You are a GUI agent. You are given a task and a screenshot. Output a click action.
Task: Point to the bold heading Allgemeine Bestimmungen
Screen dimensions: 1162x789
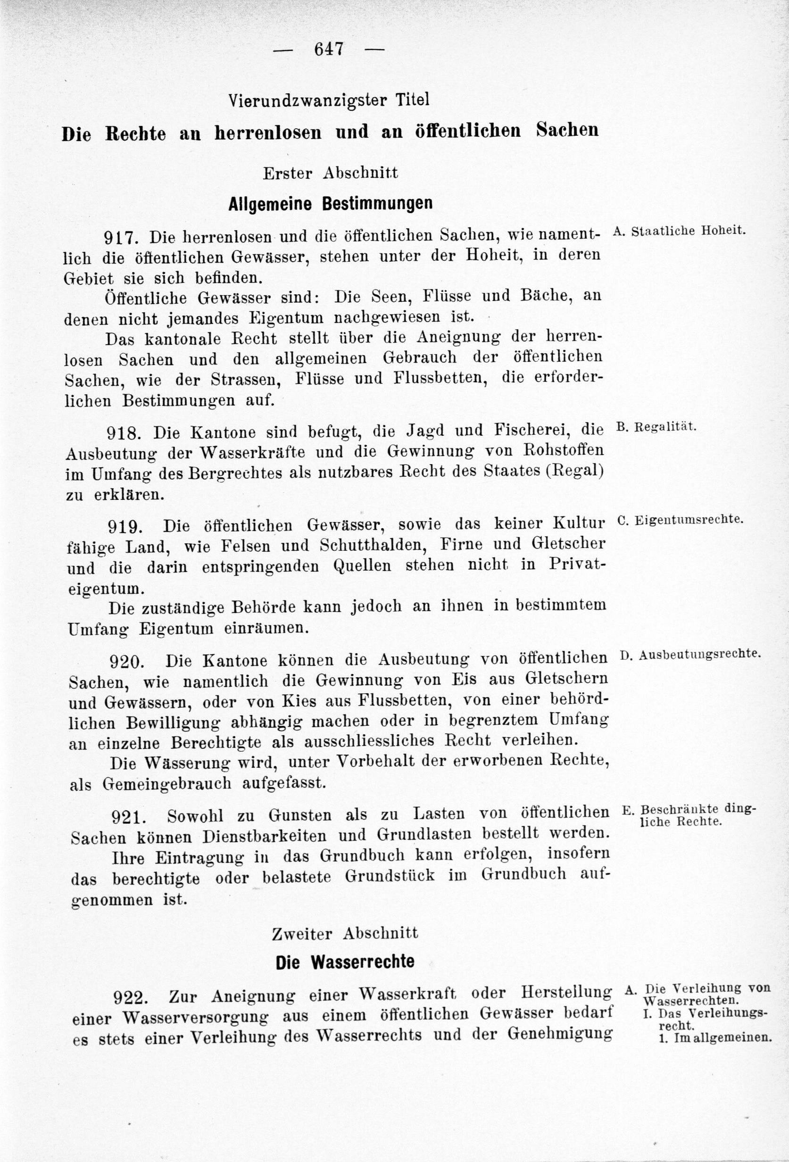point(330,204)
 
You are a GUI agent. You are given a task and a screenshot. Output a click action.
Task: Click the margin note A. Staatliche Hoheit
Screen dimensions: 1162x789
point(679,231)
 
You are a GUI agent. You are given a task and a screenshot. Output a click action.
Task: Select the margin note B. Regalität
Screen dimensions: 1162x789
point(656,427)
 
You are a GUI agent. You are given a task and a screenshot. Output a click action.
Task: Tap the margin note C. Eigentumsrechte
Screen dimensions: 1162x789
point(681,520)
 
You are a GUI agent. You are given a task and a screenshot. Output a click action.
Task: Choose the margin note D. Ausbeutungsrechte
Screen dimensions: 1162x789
point(690,655)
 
